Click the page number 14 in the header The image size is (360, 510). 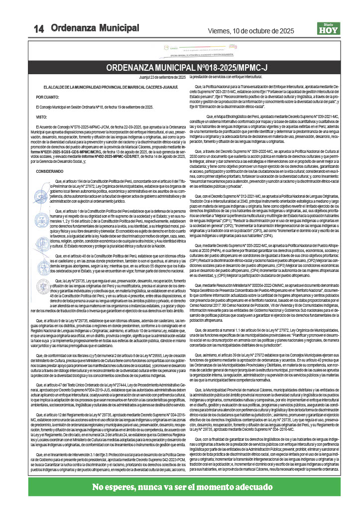pos(39,29)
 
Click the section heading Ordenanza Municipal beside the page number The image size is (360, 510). pos(95,28)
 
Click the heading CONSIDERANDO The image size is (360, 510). pos(50,171)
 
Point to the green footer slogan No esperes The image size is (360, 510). pos(180,487)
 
